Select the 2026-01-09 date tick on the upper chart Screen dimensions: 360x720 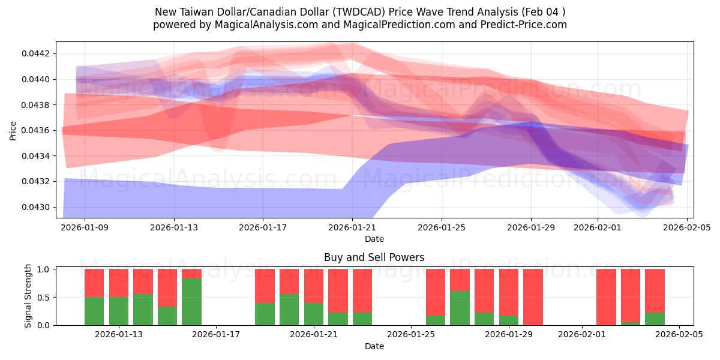(84, 227)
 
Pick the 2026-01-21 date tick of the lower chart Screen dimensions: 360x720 (314, 334)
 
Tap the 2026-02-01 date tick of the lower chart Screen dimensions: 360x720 (582, 334)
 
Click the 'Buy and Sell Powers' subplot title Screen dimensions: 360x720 (374, 257)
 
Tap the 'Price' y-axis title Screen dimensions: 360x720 (13, 130)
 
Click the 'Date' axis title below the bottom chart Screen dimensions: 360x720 (374, 346)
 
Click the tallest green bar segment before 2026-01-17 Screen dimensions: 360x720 (191, 302)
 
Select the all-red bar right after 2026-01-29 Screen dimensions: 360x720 (533, 297)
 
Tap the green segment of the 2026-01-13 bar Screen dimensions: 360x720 (119, 311)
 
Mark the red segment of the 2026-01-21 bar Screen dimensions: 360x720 (314, 286)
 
